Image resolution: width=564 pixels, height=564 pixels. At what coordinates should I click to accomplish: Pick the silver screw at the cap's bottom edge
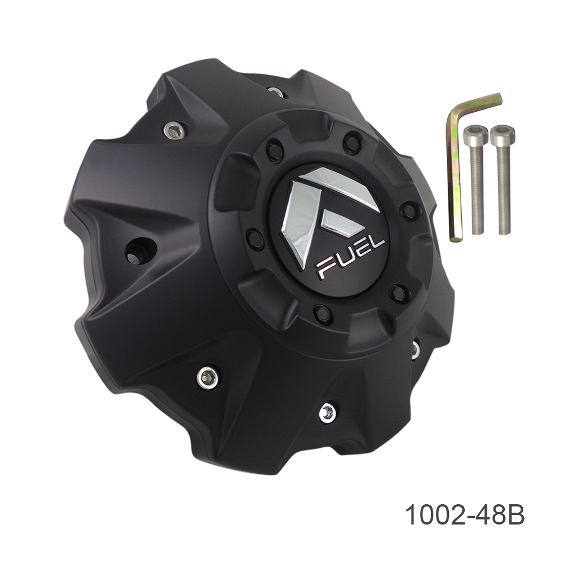327,413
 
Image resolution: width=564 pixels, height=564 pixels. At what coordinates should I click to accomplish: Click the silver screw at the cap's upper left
174,131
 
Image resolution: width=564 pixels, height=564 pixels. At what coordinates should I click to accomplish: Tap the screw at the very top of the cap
275,91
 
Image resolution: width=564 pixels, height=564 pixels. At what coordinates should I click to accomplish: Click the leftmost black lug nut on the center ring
255,239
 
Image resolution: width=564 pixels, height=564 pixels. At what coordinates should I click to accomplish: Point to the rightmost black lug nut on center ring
408,211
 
